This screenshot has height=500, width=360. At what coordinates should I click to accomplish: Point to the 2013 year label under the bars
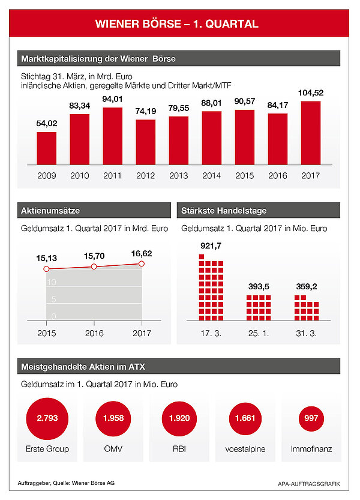[x=178, y=176]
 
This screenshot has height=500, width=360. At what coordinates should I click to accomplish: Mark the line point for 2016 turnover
[x=94, y=266]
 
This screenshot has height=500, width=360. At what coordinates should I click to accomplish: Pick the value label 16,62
[x=142, y=254]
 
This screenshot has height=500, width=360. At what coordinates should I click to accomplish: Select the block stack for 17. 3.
[x=211, y=288]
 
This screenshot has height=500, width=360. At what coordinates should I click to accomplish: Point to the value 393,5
[x=260, y=286]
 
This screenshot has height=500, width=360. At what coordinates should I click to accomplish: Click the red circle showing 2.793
[x=47, y=418]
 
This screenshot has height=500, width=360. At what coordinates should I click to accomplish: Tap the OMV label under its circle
[x=113, y=449]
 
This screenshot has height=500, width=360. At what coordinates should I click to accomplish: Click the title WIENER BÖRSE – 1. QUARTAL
[x=178, y=24]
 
